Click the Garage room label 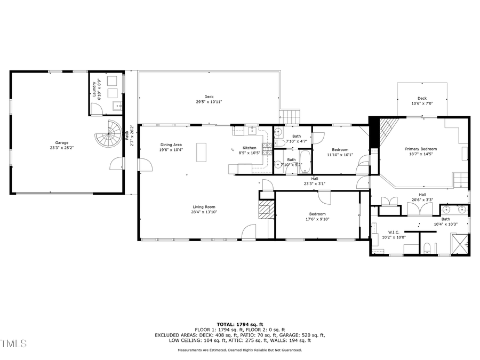pyautogui.click(x=61, y=145)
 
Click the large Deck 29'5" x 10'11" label pyautogui.click(x=209, y=99)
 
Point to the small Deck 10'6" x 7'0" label pyautogui.click(x=422, y=101)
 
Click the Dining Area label pyautogui.click(x=171, y=147)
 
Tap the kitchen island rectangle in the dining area pyautogui.click(x=202, y=151)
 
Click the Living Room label pyautogui.click(x=204, y=209)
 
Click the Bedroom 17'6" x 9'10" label pyautogui.click(x=317, y=216)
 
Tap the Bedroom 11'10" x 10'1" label pyautogui.click(x=340, y=152)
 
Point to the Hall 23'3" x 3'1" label pyautogui.click(x=315, y=181)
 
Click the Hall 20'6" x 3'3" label pyautogui.click(x=422, y=197)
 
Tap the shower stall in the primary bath pyautogui.click(x=460, y=243)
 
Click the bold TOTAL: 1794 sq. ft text pyautogui.click(x=239, y=324)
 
